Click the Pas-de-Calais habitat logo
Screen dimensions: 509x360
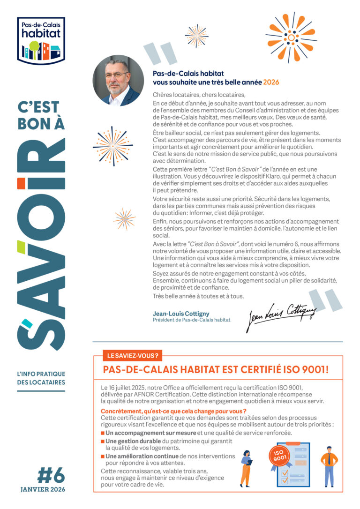coord(41,41)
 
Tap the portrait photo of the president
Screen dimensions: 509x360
coord(118,80)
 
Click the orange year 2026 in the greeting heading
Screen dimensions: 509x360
coord(271,82)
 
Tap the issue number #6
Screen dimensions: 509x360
coord(50,476)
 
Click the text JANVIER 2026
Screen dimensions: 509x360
coord(43,489)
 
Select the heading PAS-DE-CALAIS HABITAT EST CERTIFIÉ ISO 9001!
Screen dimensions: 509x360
coord(216,369)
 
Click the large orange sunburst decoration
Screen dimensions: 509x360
coord(291,37)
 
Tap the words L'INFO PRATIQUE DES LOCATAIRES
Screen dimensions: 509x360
coord(42,378)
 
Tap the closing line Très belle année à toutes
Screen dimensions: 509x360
coord(198,296)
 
